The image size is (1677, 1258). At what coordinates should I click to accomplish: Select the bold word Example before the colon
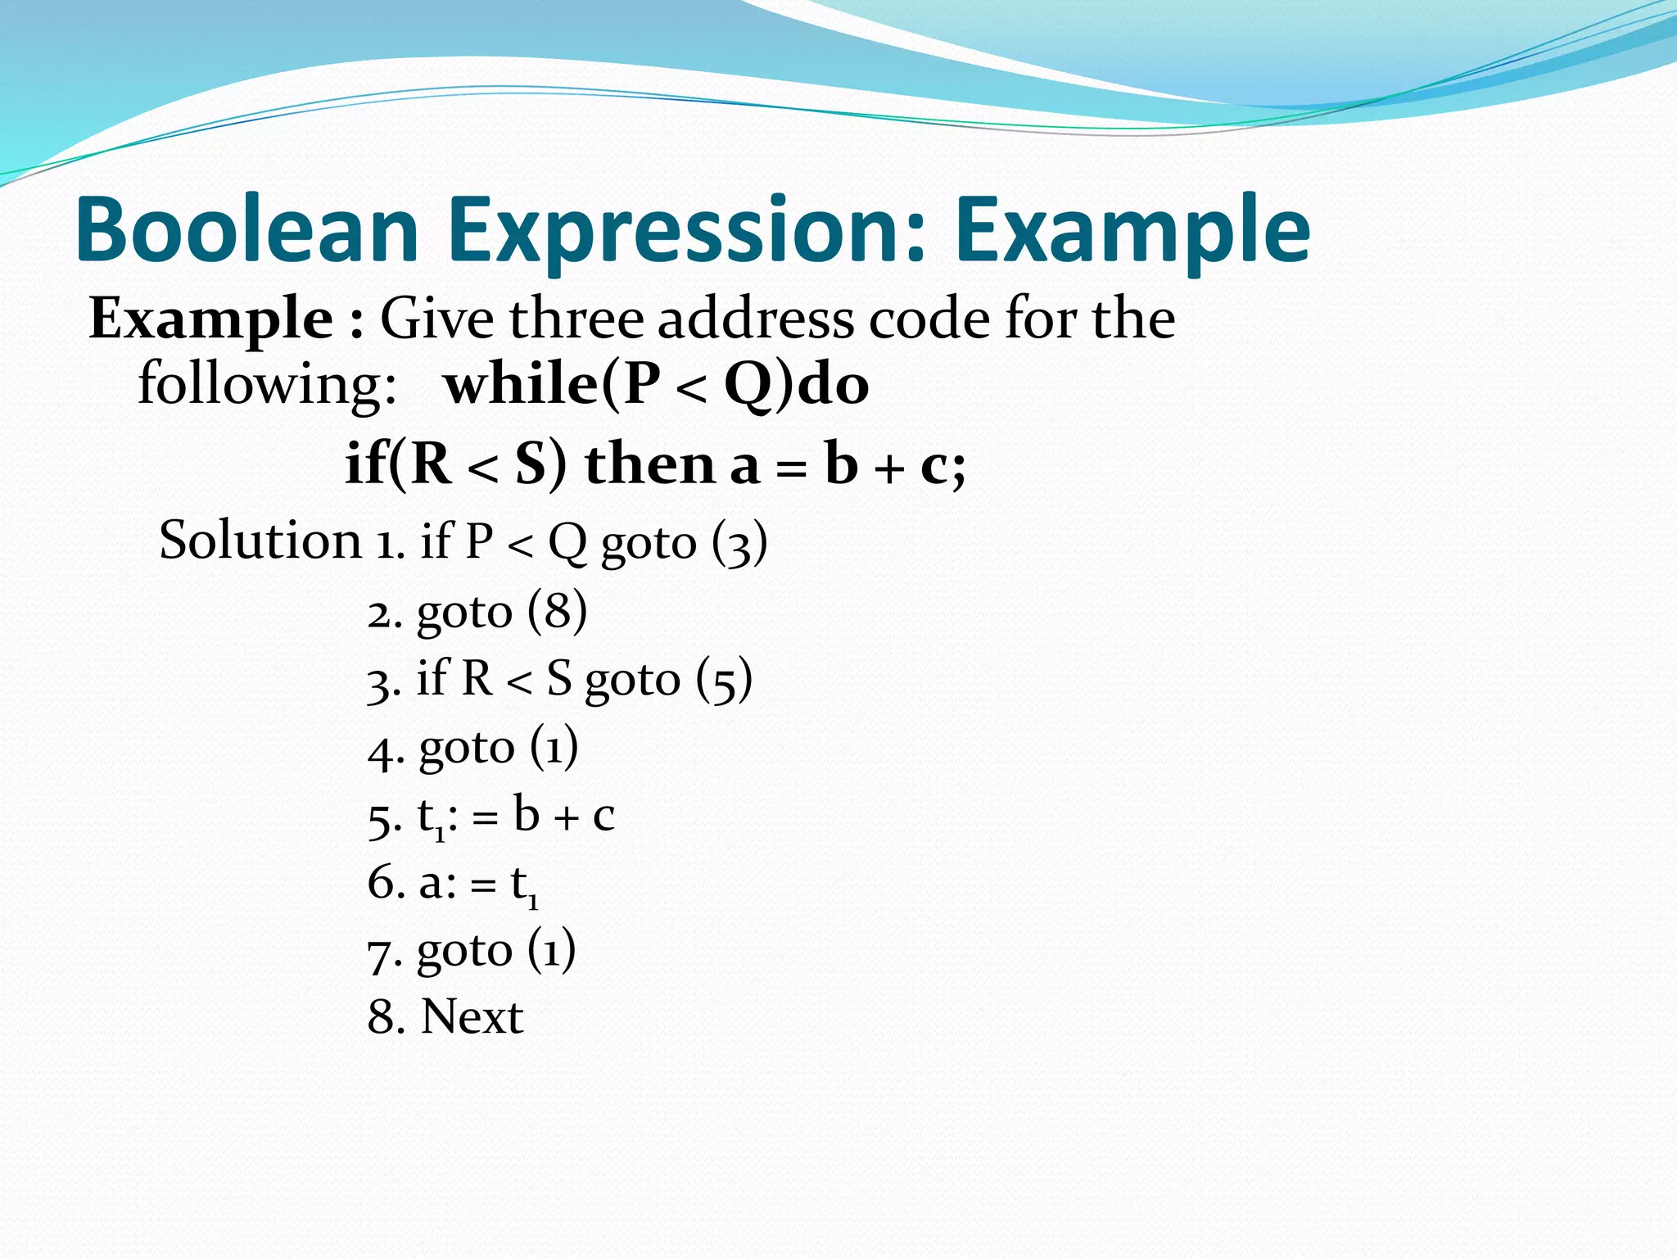210,319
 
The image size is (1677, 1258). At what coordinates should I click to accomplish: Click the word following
267,385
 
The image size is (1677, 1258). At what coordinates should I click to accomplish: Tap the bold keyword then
650,464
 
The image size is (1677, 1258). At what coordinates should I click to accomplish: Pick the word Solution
260,541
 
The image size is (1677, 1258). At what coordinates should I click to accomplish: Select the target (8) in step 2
557,611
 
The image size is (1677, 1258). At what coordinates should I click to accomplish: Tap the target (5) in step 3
724,680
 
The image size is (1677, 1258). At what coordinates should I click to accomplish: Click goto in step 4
466,748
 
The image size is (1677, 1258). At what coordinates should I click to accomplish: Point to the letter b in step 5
527,815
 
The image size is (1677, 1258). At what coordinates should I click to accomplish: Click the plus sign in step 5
566,818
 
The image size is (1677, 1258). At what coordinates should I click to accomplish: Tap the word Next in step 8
472,1017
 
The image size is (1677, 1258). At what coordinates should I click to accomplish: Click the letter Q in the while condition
748,385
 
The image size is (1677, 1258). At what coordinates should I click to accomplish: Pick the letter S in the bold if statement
531,464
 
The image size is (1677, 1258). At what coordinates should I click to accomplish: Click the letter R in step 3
477,679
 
